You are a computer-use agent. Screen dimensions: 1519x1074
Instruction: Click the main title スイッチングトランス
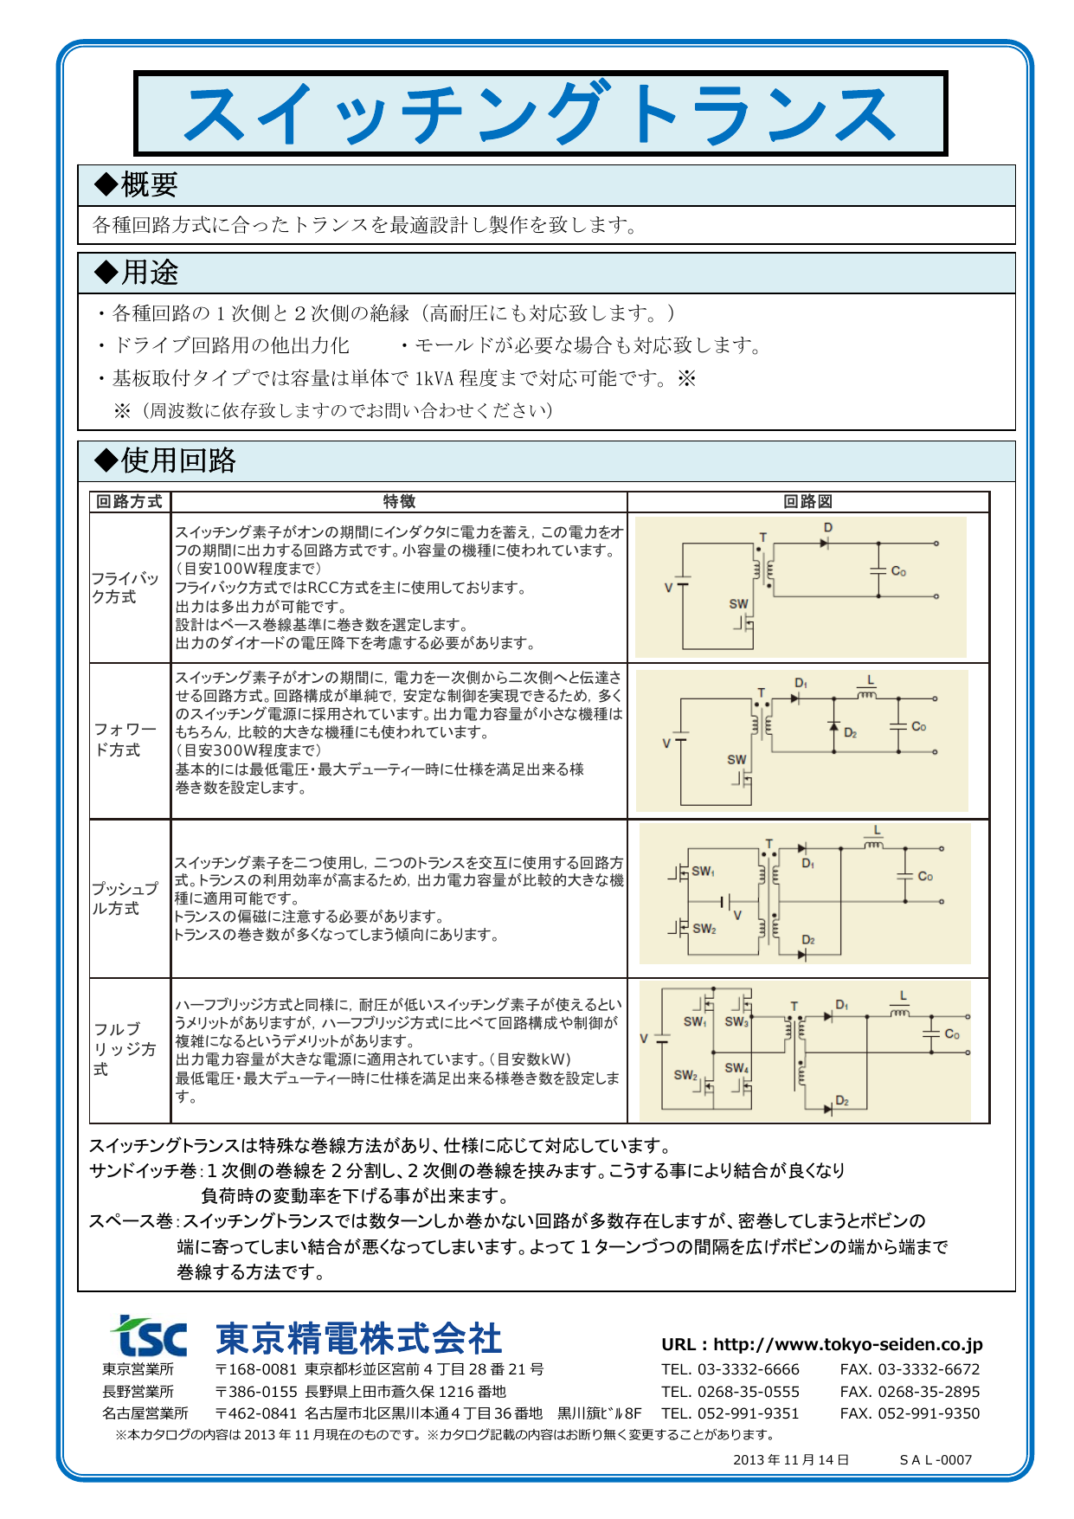[x=540, y=114]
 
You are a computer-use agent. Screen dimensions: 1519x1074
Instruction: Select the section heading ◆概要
[x=136, y=184]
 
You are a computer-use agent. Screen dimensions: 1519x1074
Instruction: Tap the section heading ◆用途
[x=136, y=273]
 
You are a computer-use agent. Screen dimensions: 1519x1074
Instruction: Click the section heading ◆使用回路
[x=164, y=460]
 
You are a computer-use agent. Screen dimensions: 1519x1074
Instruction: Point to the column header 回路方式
[x=129, y=502]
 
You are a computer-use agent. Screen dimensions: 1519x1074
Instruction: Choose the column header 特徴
[x=399, y=502]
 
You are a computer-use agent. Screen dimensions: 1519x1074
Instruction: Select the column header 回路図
[x=807, y=502]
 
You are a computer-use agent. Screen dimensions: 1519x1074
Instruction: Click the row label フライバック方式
[x=125, y=588]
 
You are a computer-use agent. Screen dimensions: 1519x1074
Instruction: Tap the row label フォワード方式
[x=125, y=740]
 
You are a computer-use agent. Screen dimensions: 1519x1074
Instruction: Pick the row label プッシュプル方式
[x=125, y=898]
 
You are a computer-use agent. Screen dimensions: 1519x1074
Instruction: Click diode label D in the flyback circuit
[x=828, y=528]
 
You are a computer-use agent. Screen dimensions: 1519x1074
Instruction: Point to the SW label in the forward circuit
[x=736, y=760]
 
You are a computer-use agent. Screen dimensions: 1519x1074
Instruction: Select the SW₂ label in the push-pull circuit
[x=704, y=929]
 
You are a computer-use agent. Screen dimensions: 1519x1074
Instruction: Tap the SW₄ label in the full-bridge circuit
[x=736, y=1068]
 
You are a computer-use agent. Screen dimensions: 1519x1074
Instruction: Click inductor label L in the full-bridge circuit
[x=904, y=996]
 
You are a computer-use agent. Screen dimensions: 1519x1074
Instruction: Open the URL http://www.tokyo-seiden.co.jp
[x=822, y=1344]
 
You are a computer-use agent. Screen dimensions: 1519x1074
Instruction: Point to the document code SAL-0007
[x=936, y=1460]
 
